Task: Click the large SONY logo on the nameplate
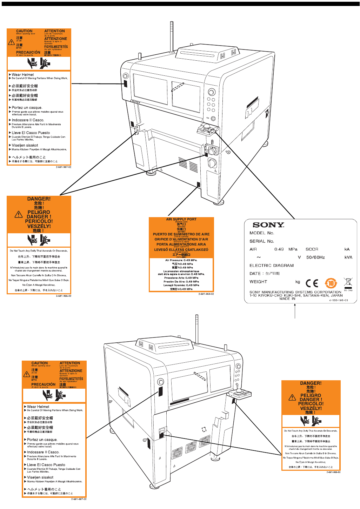[268, 225]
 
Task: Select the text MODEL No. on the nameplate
[262, 233]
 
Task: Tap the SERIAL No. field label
[262, 241]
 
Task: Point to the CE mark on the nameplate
[312, 283]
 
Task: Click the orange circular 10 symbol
[331, 283]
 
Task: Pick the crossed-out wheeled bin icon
[348, 282]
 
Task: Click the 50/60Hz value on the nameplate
[315, 257]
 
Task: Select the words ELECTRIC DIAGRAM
[272, 266]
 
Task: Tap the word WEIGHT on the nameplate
[258, 282]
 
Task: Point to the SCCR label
[312, 249]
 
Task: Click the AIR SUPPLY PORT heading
[181, 219]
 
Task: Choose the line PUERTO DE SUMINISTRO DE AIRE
[181, 234]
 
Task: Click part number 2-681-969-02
[206, 294]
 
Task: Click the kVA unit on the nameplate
[348, 257]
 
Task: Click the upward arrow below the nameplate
[295, 310]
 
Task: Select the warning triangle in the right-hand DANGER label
[292, 397]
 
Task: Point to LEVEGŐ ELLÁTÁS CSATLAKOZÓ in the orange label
[181, 250]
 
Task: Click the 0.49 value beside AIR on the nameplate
[279, 249]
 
